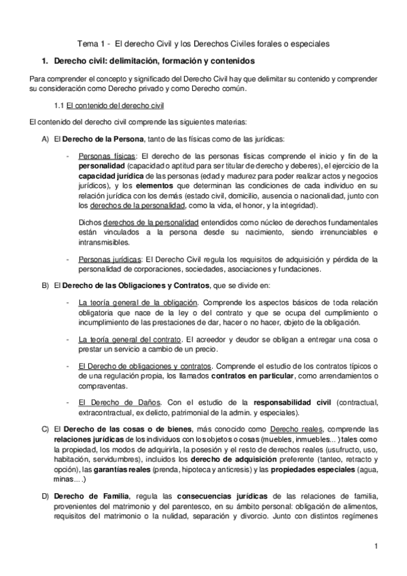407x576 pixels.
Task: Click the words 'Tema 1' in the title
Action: pos(90,43)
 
